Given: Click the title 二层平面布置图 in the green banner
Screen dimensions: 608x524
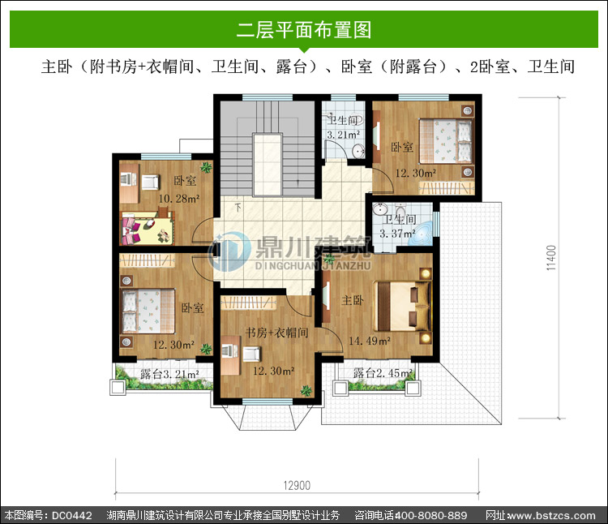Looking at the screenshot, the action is pos(304,30).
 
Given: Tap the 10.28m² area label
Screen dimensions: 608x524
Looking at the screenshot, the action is pos(179,199).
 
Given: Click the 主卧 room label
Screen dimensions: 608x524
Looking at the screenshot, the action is pos(353,300).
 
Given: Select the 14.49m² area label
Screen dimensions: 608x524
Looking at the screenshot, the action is pos(370,341).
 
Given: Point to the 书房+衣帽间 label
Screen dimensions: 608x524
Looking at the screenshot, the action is pos(277,333).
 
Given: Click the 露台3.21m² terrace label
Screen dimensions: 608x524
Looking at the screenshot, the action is pos(170,374).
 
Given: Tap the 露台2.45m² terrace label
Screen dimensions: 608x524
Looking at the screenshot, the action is pos(383,373).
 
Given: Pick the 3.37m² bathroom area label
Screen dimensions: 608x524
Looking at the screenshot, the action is pos(397,234).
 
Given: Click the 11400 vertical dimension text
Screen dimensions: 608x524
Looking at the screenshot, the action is pos(551,258).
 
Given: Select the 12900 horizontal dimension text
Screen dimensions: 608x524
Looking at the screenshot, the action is pos(297,486).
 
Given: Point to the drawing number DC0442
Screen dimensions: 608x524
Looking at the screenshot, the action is pos(72,515).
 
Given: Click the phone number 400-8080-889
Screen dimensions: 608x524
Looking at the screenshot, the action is pos(430,515).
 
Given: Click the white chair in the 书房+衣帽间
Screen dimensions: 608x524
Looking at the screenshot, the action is pos(252,354).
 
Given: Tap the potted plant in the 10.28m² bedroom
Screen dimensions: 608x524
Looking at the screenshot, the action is pos(206,168).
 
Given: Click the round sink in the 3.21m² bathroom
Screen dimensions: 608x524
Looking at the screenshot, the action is pos(358,151).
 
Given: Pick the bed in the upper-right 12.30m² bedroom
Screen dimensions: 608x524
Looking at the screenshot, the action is pos(446,141).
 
